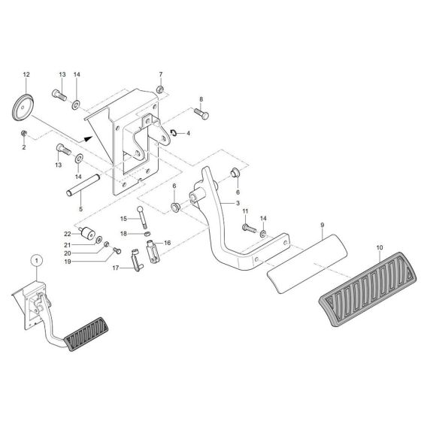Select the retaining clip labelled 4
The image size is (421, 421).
pos(173,132)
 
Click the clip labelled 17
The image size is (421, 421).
pos(136,263)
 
